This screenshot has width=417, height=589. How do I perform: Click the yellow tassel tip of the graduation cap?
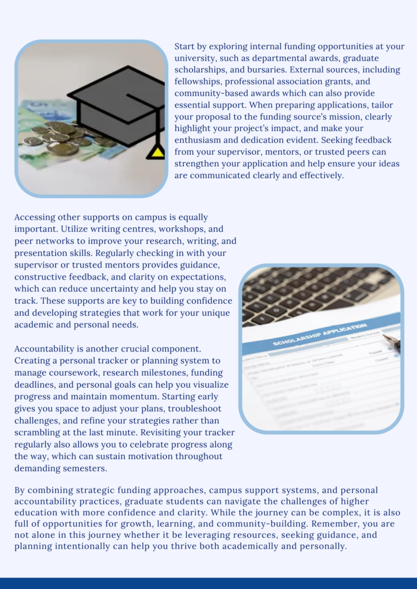[156, 152]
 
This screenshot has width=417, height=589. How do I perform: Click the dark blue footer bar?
[208, 583]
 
